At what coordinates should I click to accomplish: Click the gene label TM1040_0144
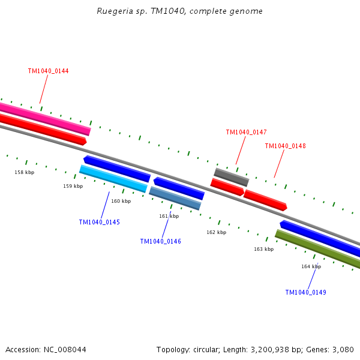[x=48, y=71]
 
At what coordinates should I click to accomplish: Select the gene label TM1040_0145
[x=99, y=222]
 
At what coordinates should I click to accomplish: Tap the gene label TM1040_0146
[x=160, y=241]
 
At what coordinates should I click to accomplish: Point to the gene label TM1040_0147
[x=246, y=132]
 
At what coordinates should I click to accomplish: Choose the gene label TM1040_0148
[x=285, y=146]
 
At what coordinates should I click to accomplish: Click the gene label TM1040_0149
[x=305, y=292]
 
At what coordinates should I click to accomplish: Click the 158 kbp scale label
[x=25, y=172]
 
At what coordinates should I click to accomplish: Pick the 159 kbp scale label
[x=73, y=186]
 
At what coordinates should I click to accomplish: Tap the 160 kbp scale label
[x=121, y=201]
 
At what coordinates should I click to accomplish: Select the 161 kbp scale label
[x=169, y=216]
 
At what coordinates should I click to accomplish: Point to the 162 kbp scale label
[x=216, y=232]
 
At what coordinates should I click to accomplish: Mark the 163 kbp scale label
[x=263, y=249]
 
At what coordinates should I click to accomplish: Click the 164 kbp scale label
[x=311, y=266]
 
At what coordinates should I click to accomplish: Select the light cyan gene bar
[x=113, y=179]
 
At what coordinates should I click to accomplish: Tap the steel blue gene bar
[x=175, y=199]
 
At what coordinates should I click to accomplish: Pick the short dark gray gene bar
[x=231, y=177]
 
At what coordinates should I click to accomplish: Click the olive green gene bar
[x=318, y=250]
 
